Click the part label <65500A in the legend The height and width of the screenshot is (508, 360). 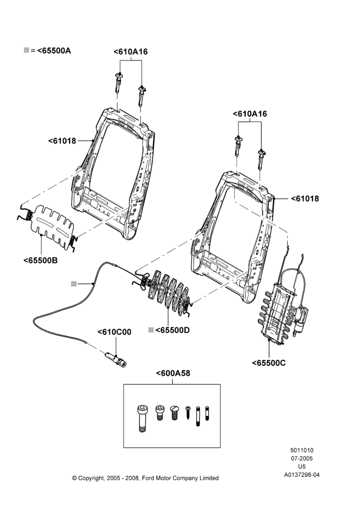(x=54, y=50)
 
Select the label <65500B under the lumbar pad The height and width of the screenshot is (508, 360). (x=41, y=260)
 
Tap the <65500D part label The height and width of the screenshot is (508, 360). (x=172, y=330)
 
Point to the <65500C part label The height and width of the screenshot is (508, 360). (x=269, y=363)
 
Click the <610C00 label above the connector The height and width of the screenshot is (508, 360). (x=114, y=332)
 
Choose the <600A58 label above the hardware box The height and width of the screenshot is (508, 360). (x=173, y=373)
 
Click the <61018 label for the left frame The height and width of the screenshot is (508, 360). (x=62, y=141)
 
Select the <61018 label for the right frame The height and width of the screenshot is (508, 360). (x=305, y=199)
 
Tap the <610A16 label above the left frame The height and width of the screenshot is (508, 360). (x=130, y=52)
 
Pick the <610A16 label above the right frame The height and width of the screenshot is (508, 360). (x=250, y=114)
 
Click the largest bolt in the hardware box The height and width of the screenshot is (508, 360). (x=142, y=418)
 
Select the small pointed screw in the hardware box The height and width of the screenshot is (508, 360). (x=188, y=412)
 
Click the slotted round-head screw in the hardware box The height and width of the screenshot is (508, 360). (x=174, y=412)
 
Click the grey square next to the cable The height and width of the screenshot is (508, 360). (x=74, y=284)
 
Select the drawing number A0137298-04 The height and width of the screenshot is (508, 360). (x=302, y=475)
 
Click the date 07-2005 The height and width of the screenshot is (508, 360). (x=302, y=458)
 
